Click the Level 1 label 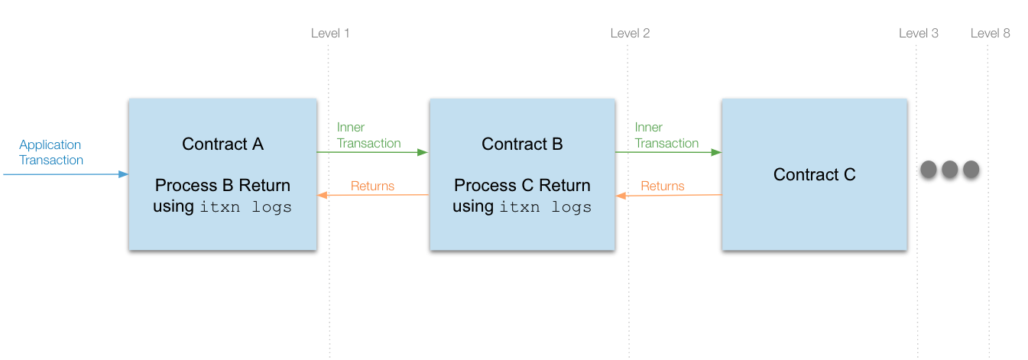(330, 33)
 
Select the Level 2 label (630, 33)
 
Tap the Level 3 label (918, 33)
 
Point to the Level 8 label (990, 33)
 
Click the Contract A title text (222, 144)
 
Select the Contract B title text (522, 144)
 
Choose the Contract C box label (814, 175)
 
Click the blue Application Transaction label (51, 152)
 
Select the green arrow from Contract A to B (372, 152)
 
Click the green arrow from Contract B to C (668, 152)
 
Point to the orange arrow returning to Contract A (372, 195)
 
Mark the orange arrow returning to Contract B (668, 196)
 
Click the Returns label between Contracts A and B (372, 186)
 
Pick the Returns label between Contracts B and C (663, 186)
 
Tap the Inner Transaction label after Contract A (368, 135)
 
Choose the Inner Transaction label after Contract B (666, 135)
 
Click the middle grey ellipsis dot (949, 170)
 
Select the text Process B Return (222, 186)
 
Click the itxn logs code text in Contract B (546, 207)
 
